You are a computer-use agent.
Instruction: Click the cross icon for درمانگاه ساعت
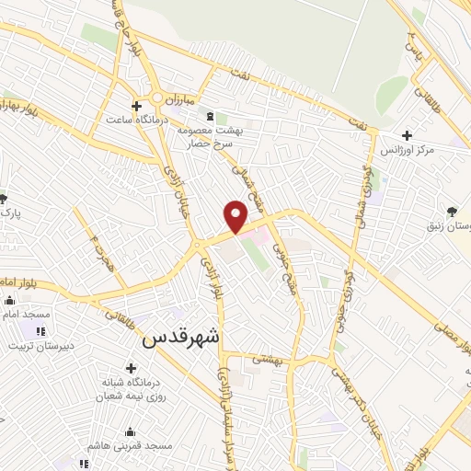point(136,106)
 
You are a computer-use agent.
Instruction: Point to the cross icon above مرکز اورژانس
point(407,135)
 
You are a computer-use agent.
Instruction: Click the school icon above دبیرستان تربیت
point(40,331)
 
